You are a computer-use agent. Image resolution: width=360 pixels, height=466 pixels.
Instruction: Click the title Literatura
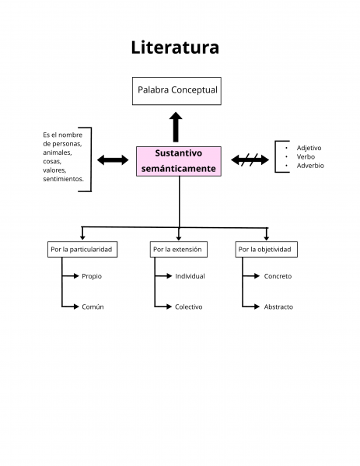coord(175,47)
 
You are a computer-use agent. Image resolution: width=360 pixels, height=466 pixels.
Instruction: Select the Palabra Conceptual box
coord(177,91)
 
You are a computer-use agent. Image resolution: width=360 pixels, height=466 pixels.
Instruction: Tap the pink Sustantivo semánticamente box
coord(179,160)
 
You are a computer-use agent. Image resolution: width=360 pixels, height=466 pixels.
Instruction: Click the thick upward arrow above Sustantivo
coord(177,126)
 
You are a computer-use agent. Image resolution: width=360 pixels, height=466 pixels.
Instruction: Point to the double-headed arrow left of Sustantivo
coord(113,160)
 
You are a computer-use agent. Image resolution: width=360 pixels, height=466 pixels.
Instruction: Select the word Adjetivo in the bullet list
coord(309,147)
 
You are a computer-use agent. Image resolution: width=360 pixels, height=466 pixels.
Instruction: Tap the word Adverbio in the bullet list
coord(310,166)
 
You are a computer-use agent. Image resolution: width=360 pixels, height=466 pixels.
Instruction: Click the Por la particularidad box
coord(81,250)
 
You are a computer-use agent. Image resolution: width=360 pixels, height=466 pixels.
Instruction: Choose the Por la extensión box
coord(177,250)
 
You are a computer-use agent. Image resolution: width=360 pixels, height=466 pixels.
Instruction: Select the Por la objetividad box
coord(265,250)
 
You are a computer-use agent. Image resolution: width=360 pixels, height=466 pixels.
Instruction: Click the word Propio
coord(92,276)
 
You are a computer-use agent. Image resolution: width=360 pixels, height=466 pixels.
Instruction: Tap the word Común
coord(93,307)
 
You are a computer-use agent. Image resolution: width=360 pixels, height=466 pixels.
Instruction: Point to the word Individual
coord(190,276)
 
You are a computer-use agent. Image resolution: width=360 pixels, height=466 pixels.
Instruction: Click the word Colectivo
coord(188,307)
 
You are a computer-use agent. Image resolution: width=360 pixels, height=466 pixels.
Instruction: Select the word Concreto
coord(278,276)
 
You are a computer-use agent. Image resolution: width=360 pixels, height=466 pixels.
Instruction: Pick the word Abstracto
coord(278,307)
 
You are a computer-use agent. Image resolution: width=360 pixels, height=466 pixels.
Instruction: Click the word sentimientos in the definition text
coord(63,179)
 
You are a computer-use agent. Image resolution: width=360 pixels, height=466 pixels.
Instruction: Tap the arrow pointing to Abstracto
coord(251,307)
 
